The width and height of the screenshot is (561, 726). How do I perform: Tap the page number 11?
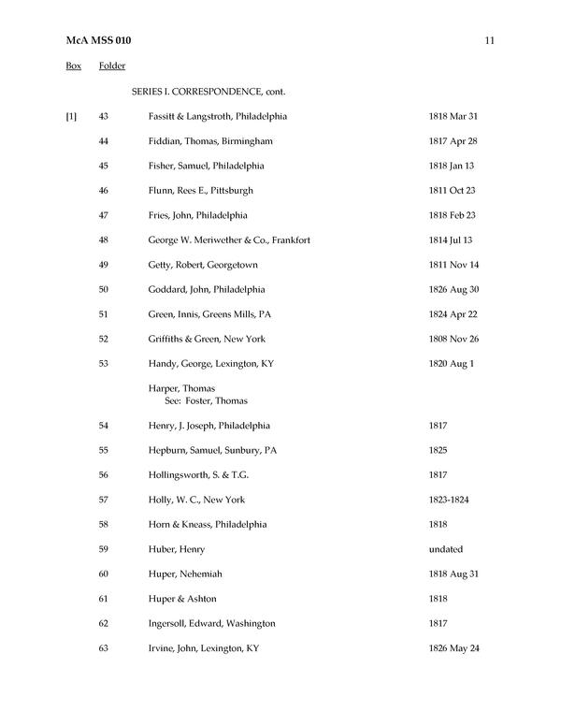(x=490, y=41)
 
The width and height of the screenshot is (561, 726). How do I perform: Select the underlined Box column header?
(x=73, y=66)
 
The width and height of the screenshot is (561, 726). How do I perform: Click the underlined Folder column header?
(x=112, y=66)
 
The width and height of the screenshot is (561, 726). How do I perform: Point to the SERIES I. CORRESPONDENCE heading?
(x=208, y=92)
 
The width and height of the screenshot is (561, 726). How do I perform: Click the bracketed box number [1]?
(x=71, y=116)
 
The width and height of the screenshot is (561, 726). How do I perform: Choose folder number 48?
(x=104, y=240)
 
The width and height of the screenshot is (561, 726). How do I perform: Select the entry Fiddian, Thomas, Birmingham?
(x=209, y=141)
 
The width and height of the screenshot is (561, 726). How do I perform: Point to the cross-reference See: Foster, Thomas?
(x=206, y=400)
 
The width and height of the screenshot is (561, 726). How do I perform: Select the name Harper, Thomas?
(x=181, y=388)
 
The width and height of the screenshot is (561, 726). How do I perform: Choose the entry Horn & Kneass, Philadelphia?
(x=207, y=524)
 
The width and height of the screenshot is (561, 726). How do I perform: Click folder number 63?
(x=104, y=647)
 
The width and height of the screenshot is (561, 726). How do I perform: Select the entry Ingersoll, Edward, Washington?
(x=211, y=623)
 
